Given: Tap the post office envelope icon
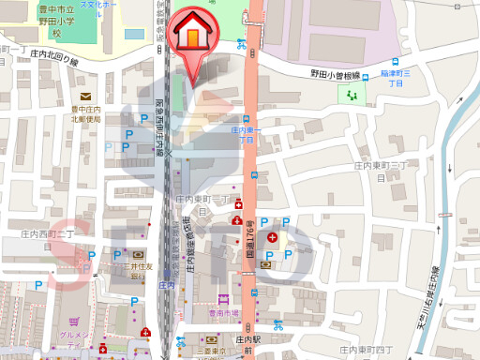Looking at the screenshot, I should pos(85,97).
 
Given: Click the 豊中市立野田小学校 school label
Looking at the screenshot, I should pos(56,22).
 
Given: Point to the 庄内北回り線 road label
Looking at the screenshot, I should pos(55,56).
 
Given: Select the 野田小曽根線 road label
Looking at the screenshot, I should pos(336,72).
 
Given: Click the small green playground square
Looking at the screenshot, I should pos(352,95).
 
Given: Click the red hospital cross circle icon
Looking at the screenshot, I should pos(273,239).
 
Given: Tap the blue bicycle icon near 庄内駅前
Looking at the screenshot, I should pos(277,326).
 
